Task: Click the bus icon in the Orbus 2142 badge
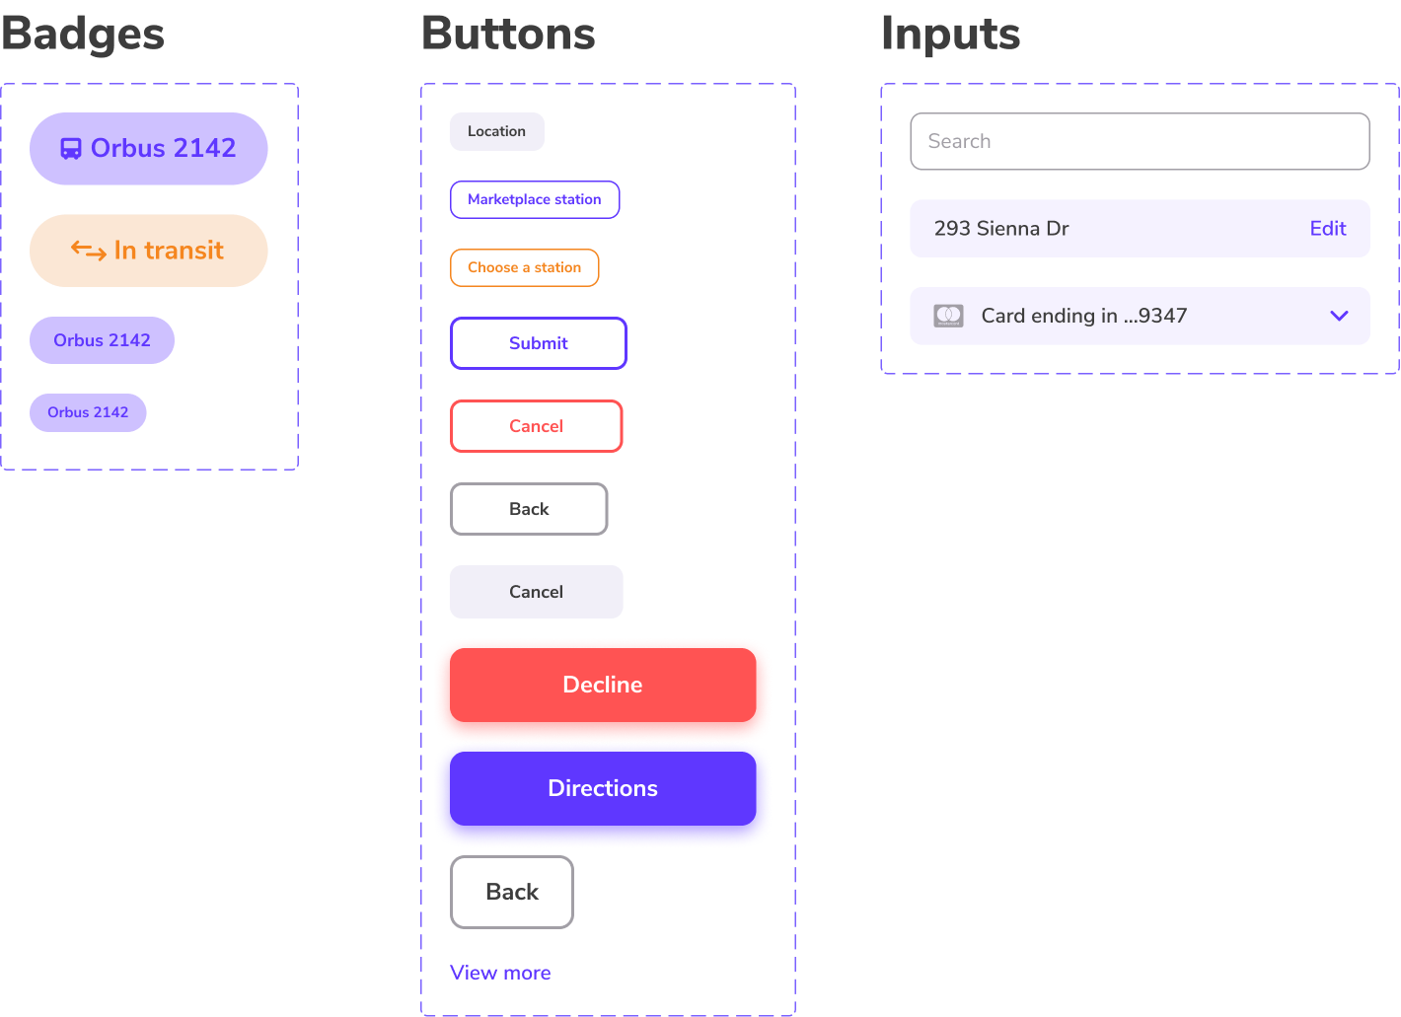point(71,149)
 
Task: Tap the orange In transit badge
point(149,251)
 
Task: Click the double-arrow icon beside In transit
point(88,252)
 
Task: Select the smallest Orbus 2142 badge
point(88,412)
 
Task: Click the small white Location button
point(496,131)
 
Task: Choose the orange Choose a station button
point(524,267)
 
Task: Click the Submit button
point(538,343)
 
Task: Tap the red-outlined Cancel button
point(536,426)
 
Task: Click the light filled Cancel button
point(536,592)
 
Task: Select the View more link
point(499,973)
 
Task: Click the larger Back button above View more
point(511,892)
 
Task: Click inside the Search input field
point(1139,141)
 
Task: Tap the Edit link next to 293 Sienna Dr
point(1327,229)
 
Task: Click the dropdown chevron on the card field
point(1339,316)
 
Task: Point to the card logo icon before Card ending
point(948,316)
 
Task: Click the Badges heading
point(83,34)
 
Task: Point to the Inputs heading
point(949,34)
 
